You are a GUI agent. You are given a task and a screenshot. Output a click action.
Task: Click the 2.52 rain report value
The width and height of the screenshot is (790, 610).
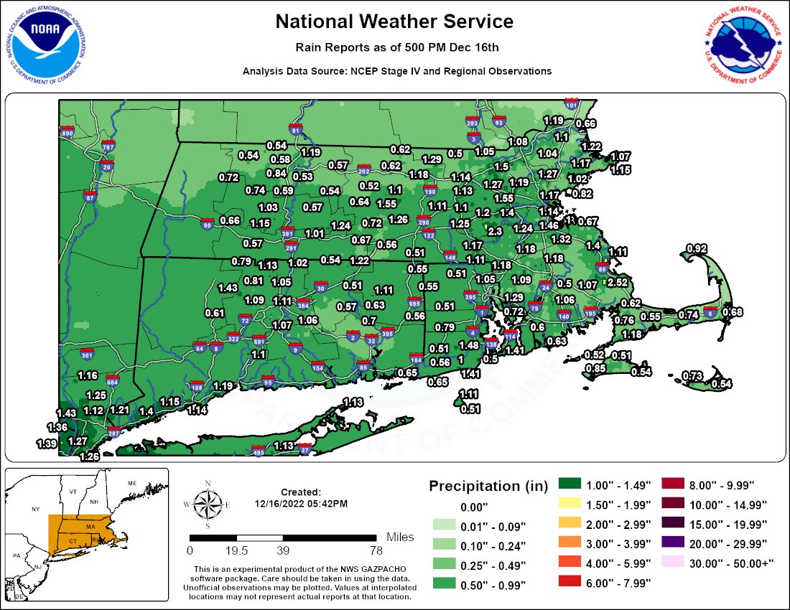click(x=617, y=282)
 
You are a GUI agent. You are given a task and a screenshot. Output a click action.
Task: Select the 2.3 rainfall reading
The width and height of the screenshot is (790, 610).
click(x=495, y=231)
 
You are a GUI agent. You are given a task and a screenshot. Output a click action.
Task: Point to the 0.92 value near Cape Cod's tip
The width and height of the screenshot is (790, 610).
click(x=697, y=248)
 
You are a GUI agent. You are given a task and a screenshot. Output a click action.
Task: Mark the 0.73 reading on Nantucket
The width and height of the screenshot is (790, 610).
click(x=692, y=375)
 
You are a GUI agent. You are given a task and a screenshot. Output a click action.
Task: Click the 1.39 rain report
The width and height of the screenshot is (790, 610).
click(x=47, y=444)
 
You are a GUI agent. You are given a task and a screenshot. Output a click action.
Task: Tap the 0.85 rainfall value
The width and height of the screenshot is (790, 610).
click(x=595, y=368)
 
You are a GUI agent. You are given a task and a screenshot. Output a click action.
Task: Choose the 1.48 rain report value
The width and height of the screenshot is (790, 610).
click(x=468, y=344)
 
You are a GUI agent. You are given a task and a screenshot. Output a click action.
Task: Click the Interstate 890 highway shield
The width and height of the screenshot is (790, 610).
click(x=68, y=133)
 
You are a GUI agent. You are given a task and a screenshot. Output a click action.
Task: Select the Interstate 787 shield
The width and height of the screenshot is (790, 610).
click(x=108, y=146)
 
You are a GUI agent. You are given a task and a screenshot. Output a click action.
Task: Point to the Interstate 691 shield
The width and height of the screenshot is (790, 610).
click(x=259, y=341)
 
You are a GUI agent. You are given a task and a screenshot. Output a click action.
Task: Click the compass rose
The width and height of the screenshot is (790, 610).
click(x=207, y=505)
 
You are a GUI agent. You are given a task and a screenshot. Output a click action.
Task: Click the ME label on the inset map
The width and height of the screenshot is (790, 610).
click(x=131, y=483)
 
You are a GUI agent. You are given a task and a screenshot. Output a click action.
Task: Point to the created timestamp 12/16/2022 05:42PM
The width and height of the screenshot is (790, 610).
click(x=301, y=504)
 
